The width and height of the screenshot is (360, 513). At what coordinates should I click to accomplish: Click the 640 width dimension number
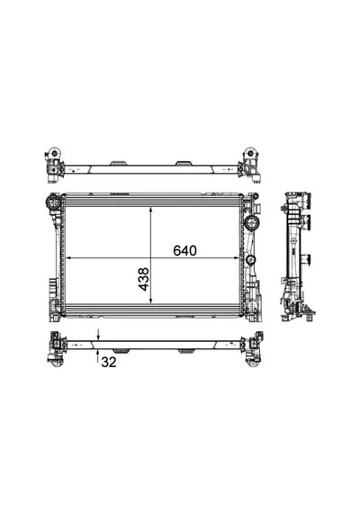[184, 250]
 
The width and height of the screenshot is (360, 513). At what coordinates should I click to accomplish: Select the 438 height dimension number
[144, 279]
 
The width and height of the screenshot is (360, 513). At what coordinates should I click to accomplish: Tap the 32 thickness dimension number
[109, 362]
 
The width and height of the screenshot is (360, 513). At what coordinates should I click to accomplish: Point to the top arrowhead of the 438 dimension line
[150, 210]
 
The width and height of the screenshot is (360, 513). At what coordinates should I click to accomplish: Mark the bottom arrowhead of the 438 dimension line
[150, 300]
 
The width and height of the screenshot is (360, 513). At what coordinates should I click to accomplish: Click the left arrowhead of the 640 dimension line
[69, 258]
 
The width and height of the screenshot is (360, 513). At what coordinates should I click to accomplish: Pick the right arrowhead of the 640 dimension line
[237, 258]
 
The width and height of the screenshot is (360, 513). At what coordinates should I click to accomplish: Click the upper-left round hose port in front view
[54, 202]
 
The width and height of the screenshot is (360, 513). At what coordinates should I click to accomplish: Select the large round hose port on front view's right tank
[252, 222]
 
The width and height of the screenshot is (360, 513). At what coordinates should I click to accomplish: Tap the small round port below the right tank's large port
[251, 260]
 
